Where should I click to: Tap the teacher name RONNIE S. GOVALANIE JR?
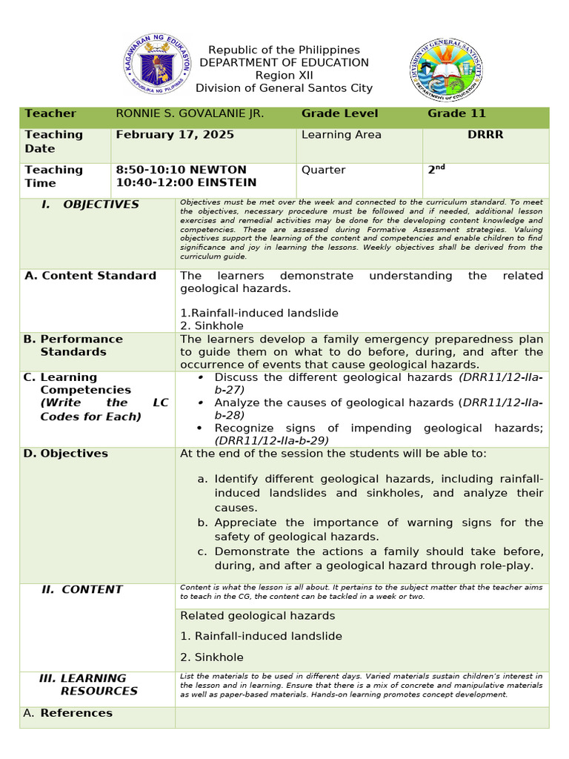(x=190, y=113)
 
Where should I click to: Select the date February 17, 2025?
(x=175, y=135)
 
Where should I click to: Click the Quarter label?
(x=323, y=170)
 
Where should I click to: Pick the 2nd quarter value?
(x=436, y=169)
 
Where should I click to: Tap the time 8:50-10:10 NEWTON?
(x=182, y=170)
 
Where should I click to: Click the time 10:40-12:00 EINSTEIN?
(x=186, y=182)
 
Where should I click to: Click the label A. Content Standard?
(x=90, y=276)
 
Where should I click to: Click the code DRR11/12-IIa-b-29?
(x=271, y=440)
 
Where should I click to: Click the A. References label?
(x=68, y=713)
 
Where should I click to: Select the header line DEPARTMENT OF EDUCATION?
(x=284, y=63)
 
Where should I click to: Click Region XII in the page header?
(x=284, y=76)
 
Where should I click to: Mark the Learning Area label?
(x=342, y=135)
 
